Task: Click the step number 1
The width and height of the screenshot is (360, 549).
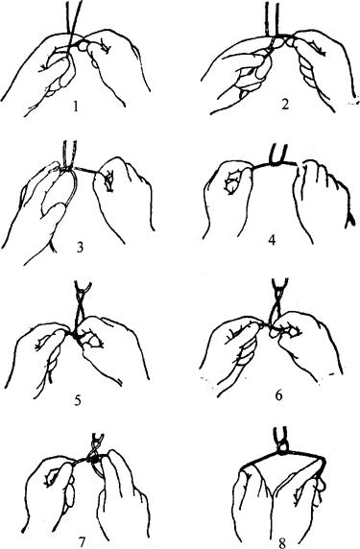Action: click(x=75, y=107)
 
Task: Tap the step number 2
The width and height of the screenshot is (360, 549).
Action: click(x=285, y=105)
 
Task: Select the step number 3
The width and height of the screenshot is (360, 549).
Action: click(x=80, y=248)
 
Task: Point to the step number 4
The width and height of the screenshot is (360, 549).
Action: click(x=272, y=241)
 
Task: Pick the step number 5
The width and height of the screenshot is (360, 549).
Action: click(x=78, y=399)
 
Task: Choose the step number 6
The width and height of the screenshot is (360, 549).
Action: click(x=278, y=395)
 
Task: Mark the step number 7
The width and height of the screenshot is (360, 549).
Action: click(x=82, y=542)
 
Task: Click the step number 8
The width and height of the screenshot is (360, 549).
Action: click(x=282, y=542)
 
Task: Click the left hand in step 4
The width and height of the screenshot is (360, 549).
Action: click(x=228, y=200)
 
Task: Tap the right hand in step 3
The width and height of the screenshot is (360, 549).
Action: click(x=123, y=196)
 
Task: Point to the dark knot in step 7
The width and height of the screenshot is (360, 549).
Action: click(x=95, y=458)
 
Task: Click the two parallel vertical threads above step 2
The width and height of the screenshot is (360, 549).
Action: click(x=272, y=18)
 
